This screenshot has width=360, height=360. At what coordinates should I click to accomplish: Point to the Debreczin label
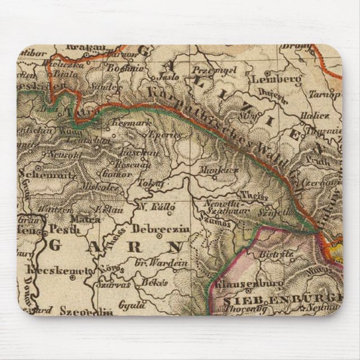point(161,229)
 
